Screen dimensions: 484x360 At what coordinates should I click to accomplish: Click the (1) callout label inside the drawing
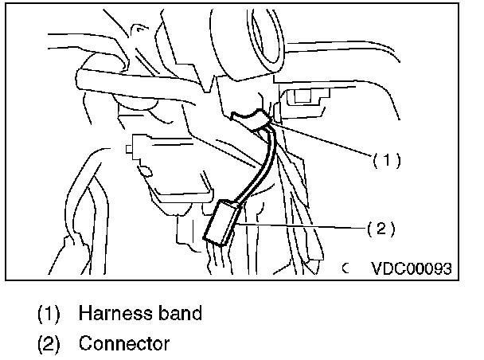(x=386, y=159)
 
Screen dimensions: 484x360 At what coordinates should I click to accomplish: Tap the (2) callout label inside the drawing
(x=380, y=229)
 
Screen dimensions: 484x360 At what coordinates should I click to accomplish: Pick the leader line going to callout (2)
(x=302, y=227)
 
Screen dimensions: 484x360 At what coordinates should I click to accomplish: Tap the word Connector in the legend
(x=124, y=343)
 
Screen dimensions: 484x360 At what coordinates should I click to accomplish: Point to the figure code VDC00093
(x=410, y=268)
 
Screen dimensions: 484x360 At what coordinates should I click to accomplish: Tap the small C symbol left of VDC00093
(x=346, y=269)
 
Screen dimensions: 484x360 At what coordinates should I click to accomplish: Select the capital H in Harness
(x=84, y=313)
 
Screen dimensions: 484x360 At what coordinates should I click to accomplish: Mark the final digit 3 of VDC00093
(x=448, y=268)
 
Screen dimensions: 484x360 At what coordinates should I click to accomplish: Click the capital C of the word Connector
(x=85, y=343)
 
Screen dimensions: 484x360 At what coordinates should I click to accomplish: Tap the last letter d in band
(x=196, y=313)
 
